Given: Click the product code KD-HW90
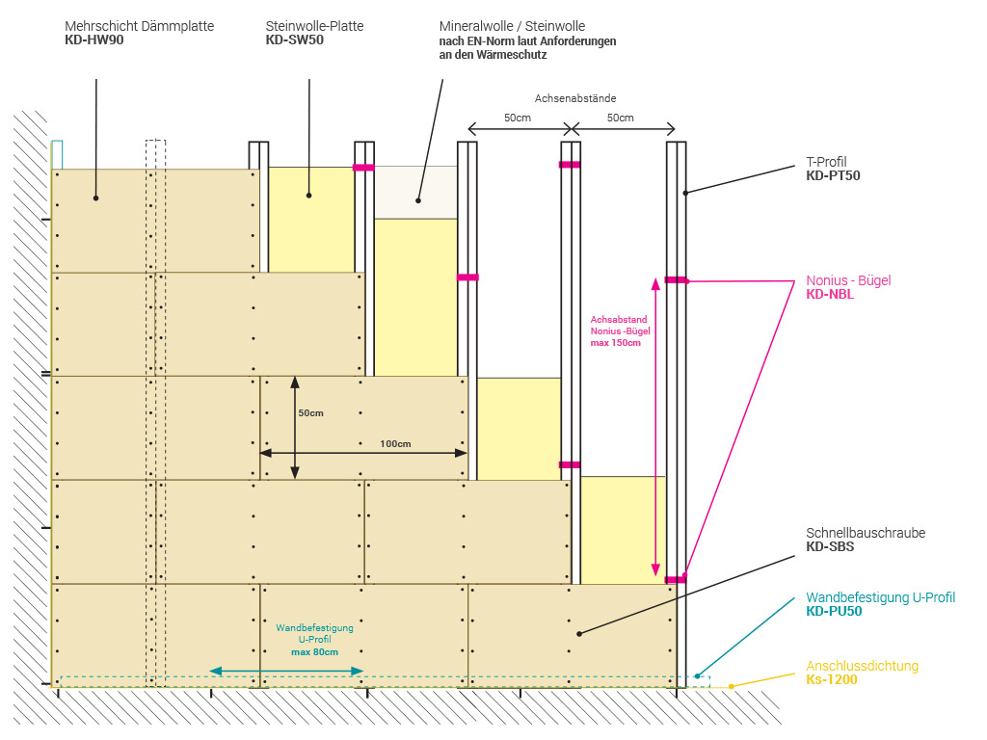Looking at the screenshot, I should (x=94, y=40).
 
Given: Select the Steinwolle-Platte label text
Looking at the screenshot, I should (x=314, y=26).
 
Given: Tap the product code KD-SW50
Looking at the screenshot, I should (x=295, y=40).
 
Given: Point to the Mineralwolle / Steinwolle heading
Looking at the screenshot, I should (x=512, y=26).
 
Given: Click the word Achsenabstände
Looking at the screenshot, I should (x=575, y=98).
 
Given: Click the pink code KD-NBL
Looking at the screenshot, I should (x=830, y=295).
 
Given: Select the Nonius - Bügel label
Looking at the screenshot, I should (x=848, y=280).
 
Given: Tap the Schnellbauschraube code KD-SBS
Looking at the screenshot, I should (x=830, y=546).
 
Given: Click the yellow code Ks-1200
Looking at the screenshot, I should (x=832, y=679).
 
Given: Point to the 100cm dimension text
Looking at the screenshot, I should (x=395, y=444).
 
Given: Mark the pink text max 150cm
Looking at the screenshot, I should (x=616, y=343).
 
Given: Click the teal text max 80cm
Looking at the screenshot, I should (x=315, y=652).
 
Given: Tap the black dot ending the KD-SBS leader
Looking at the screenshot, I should (x=580, y=633).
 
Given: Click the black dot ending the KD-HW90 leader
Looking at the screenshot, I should (x=96, y=198).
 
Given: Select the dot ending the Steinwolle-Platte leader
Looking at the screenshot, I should (x=309, y=196).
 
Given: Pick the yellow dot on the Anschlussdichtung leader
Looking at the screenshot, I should (x=732, y=686).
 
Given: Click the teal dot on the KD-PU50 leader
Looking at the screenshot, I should (x=698, y=676).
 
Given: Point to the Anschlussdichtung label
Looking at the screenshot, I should (x=862, y=666).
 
